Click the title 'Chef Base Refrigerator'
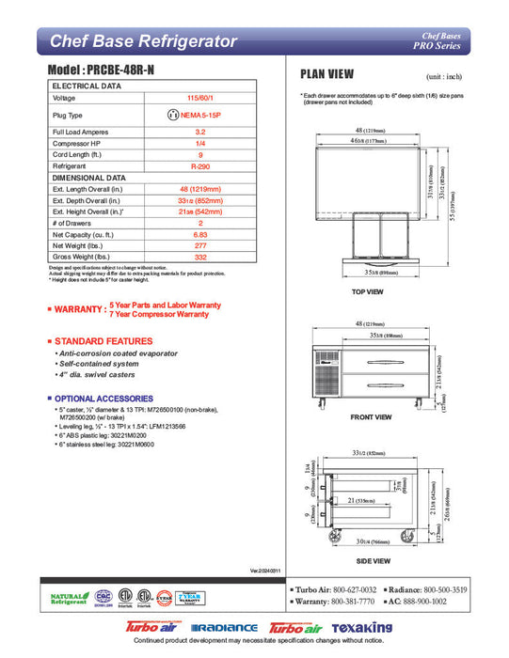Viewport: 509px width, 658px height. [x=142, y=41]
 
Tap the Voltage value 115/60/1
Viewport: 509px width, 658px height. [x=199, y=98]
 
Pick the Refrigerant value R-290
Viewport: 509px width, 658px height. [x=199, y=164]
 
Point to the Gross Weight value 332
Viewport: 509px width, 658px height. [x=199, y=257]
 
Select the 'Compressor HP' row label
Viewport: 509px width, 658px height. [x=77, y=143]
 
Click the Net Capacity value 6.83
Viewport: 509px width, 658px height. [x=199, y=233]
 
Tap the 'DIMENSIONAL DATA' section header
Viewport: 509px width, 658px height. [x=89, y=177]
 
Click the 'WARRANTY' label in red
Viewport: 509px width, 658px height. [x=79, y=309]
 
